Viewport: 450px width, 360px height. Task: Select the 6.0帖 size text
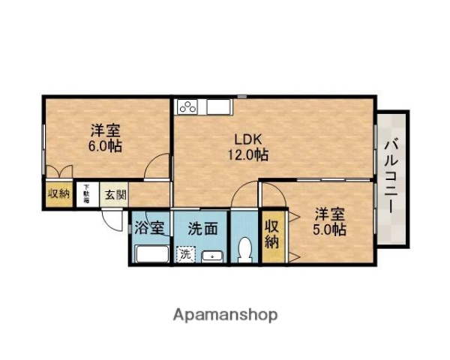point(105,145)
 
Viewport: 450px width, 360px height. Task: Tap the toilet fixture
point(244,249)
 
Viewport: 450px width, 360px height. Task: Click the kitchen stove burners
point(187,106)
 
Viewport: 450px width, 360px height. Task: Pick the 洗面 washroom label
point(203,228)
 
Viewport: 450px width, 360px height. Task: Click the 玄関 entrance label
point(115,194)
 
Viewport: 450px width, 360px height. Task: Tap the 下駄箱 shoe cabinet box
point(87,193)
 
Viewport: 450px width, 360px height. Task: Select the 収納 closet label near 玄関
point(58,194)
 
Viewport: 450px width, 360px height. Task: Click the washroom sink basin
point(212,255)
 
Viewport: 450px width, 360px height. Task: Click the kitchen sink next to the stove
point(217,106)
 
